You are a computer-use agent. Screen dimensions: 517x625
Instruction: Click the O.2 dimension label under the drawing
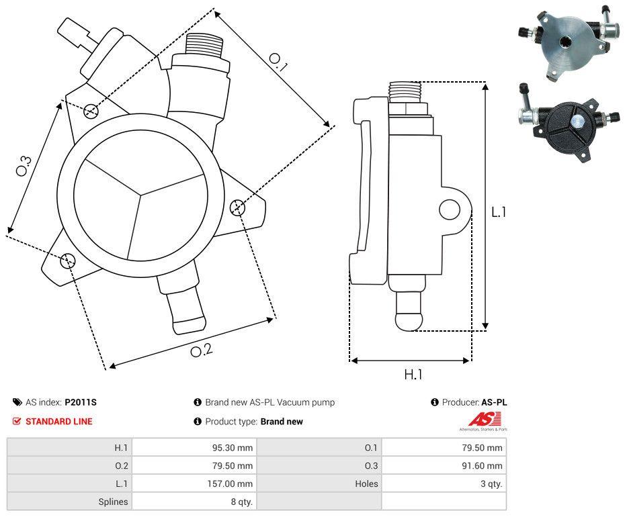(201, 350)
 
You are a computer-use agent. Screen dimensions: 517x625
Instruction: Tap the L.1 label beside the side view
(498, 212)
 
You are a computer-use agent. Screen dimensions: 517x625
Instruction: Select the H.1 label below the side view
(413, 375)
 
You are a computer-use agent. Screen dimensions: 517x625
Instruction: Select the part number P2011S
(81, 402)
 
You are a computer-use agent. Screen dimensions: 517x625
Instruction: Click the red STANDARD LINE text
(59, 422)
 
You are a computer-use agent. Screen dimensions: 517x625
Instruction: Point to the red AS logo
(481, 420)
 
